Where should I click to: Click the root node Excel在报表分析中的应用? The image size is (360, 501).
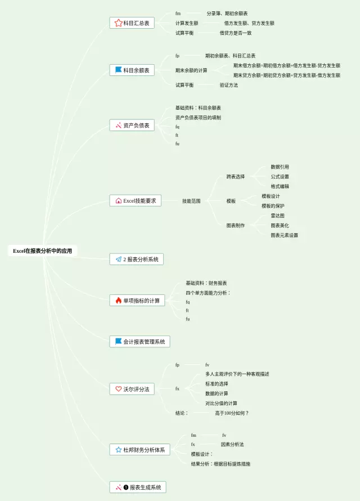pos(43,251)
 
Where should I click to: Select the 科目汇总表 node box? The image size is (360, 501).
pos(132,23)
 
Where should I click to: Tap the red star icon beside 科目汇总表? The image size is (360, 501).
pos(118,23)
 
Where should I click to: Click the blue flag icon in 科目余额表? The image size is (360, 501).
pos(118,70)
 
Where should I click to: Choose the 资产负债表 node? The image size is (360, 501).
pos(132,125)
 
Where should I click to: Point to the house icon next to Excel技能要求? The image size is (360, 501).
pos(118,200)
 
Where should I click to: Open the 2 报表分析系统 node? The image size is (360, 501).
pos(136,260)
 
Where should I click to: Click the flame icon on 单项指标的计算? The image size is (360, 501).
pos(118,301)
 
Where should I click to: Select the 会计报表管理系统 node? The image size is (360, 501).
pos(139,341)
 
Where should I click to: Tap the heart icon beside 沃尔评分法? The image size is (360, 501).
pos(118,389)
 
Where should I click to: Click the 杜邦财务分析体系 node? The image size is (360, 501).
pos(139,450)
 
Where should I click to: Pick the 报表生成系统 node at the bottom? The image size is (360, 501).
pos(138,487)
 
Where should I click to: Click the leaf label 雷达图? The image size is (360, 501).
pos(277,216)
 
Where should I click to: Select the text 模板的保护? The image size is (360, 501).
pos(273,205)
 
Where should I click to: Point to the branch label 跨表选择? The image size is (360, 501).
pos(235,177)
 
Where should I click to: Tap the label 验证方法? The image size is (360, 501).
pos(228,85)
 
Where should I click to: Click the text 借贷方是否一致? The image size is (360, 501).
pos(235,33)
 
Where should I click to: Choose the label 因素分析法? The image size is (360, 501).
pos(232,444)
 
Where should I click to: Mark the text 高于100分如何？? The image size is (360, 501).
pos(231,413)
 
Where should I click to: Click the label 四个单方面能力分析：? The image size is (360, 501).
pos(208,293)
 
